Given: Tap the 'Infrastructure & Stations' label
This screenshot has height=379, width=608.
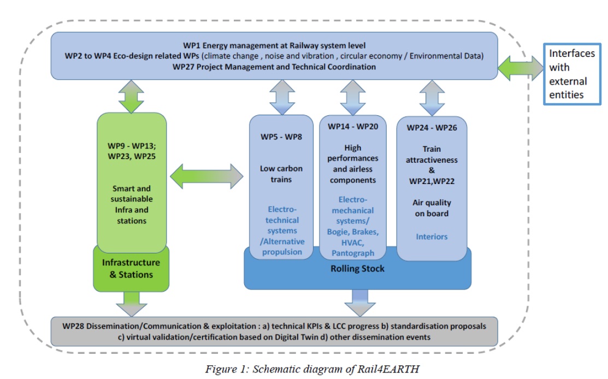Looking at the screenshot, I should coord(131,269).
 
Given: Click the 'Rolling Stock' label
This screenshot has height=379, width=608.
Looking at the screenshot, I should coord(358,269).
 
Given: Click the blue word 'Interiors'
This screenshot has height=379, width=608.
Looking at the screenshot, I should coord(432,236).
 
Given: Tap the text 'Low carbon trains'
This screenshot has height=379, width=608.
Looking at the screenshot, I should coord(281,174).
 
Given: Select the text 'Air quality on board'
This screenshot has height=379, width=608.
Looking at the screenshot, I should coord(432,208).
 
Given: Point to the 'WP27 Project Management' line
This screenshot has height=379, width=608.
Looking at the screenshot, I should coord(274,67).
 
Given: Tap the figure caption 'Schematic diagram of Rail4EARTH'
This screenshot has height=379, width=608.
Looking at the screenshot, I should coord(312,369).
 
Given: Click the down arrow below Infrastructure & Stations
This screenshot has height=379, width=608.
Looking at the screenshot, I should coord(132,303).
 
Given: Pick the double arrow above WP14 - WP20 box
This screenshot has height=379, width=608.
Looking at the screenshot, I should coord(352,97).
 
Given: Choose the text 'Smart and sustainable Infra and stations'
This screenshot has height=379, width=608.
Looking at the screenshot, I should coord(131,205).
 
